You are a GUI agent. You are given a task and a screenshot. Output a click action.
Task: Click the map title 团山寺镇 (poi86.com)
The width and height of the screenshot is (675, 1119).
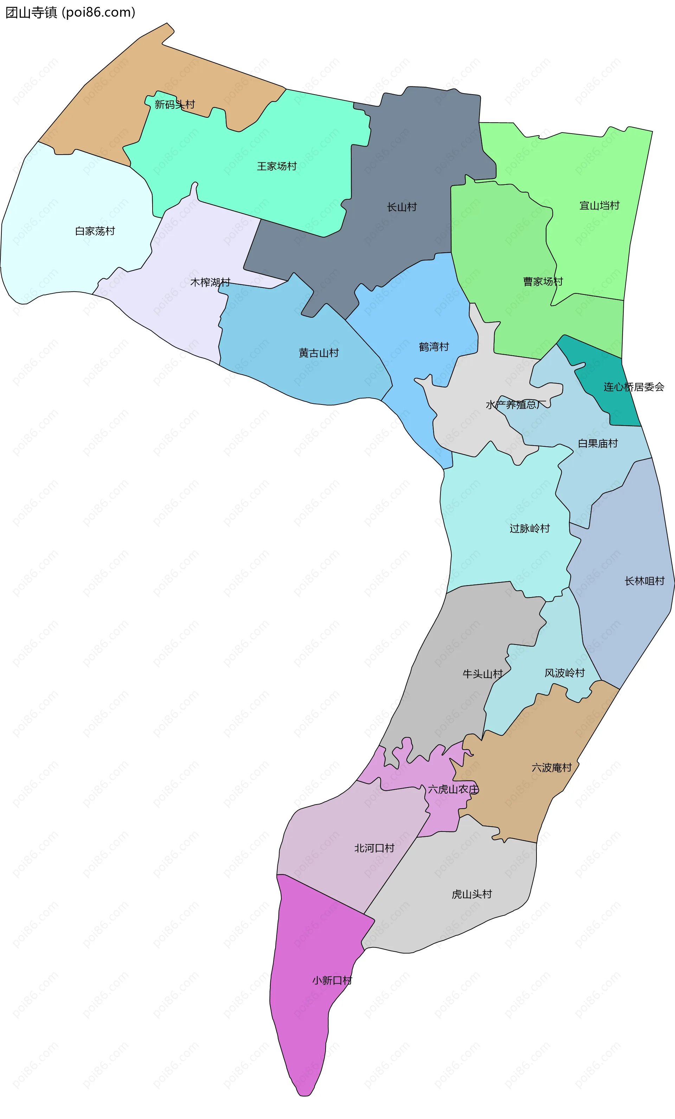point(70,12)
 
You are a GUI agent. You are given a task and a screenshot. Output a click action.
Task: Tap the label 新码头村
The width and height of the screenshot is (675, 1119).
point(174,105)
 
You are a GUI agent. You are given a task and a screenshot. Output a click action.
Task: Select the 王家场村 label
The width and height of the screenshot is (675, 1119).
point(277,166)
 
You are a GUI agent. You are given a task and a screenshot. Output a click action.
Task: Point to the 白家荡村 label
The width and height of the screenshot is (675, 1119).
point(95,231)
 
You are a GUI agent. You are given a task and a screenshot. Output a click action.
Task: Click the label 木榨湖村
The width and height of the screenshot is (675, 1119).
point(210,283)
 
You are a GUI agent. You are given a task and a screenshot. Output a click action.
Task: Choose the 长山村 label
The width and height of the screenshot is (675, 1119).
point(401,207)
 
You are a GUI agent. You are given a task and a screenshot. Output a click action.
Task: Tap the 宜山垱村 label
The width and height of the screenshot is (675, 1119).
point(599,206)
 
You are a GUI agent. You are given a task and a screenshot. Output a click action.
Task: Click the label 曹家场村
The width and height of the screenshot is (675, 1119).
point(543,282)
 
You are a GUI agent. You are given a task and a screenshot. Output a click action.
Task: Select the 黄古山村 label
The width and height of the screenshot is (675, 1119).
point(319,353)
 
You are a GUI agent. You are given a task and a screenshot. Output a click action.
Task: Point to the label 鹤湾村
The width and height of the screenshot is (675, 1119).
point(434,347)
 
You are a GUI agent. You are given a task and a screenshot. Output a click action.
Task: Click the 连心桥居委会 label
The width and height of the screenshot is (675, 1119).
point(634,387)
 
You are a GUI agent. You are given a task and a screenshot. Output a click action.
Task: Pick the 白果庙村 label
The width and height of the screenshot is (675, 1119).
point(598,443)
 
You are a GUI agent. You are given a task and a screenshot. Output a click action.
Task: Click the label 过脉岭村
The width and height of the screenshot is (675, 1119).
point(530,528)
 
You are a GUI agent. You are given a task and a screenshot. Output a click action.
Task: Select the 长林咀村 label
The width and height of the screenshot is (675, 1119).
point(644,581)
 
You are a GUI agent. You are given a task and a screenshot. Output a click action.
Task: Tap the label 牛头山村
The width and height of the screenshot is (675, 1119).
point(482,674)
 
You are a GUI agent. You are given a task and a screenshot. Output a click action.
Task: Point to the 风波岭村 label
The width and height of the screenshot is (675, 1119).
point(565,673)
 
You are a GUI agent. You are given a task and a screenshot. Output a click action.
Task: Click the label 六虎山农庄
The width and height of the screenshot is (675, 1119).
point(453,789)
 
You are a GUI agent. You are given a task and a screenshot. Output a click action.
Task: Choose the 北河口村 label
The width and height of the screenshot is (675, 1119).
point(374,848)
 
